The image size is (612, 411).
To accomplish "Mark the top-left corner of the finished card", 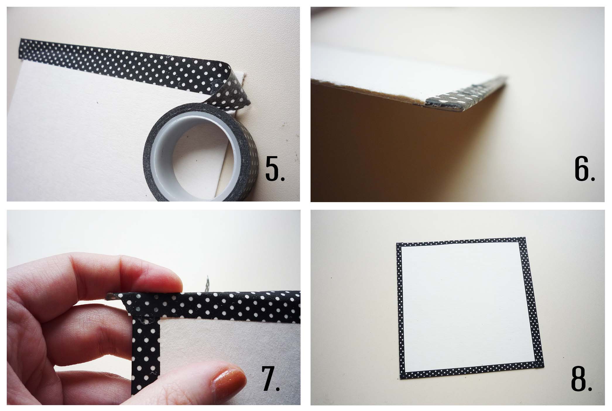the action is pos(397,243).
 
